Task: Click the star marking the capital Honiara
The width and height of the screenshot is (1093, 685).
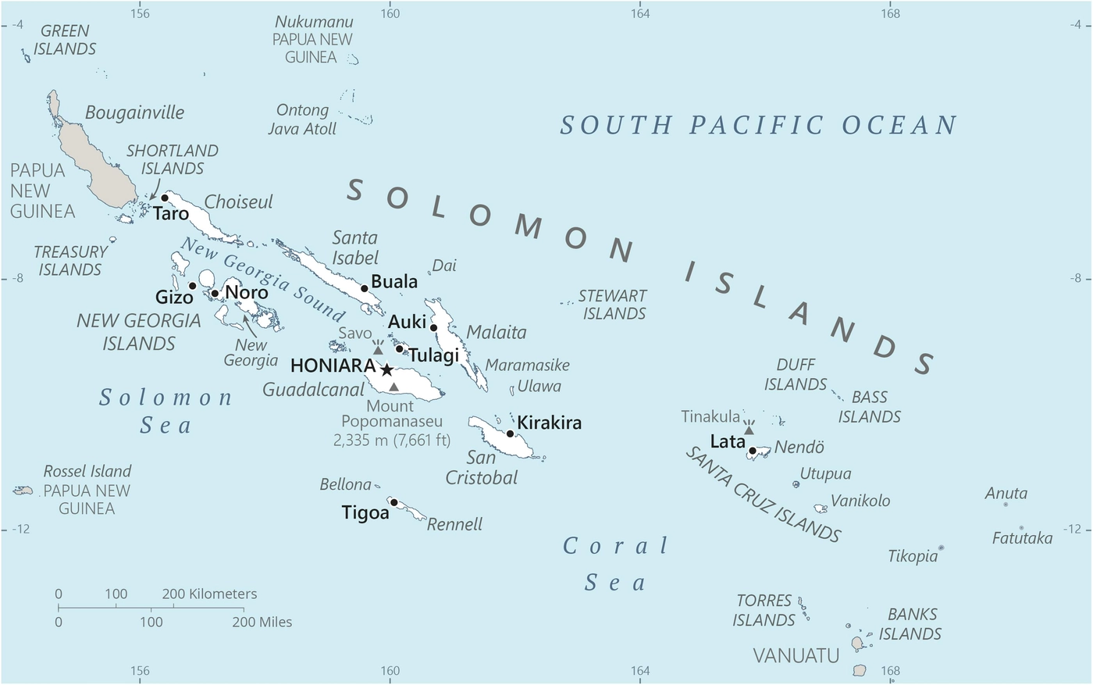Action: click(386, 369)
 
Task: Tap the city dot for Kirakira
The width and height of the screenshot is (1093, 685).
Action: click(510, 433)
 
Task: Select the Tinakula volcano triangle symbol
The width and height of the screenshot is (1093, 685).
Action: click(749, 430)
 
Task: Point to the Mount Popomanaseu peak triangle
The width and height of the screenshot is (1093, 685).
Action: click(393, 387)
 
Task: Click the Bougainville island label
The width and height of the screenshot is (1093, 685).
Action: click(134, 112)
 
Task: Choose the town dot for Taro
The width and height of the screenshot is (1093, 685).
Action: click(165, 198)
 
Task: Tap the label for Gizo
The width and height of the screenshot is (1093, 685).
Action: click(174, 298)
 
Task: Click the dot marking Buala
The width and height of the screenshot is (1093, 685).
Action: click(364, 288)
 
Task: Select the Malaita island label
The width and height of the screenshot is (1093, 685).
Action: click(497, 333)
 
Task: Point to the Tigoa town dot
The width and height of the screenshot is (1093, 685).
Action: click(394, 502)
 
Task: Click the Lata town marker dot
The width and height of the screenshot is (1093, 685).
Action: click(752, 451)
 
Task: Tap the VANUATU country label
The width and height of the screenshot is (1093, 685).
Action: click(796, 655)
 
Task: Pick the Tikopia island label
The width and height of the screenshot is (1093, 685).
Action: click(913, 556)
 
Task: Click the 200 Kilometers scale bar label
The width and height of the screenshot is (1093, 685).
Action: click(209, 594)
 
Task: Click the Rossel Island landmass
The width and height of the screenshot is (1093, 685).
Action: click(23, 491)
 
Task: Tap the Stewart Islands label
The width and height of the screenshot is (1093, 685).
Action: click(614, 305)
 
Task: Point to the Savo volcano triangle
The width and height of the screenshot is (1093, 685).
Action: click(378, 351)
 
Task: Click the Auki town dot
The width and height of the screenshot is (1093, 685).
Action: click(433, 327)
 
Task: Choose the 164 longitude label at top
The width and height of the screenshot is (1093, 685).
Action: click(639, 13)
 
